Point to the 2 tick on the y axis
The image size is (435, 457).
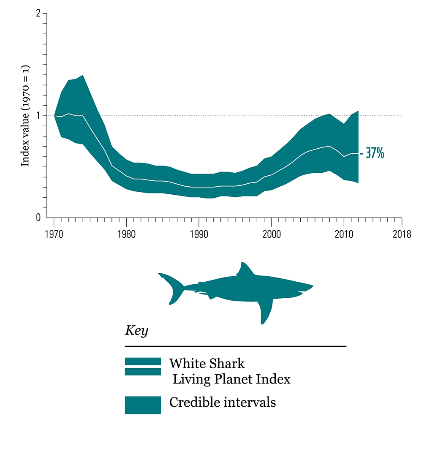38,14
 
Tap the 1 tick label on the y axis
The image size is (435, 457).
38,115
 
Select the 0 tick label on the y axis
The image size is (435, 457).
38,218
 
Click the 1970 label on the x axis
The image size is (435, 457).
54,235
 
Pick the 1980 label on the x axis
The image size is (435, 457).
126,235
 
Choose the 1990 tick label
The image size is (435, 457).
198,235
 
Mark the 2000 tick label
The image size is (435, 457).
271,235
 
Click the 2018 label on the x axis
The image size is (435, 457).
401,235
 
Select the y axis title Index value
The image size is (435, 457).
25,115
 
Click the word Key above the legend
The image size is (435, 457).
136,331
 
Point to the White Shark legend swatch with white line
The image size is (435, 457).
143,366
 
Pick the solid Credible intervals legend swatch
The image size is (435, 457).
143,405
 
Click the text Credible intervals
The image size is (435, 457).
223,403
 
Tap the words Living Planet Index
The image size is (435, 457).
232,379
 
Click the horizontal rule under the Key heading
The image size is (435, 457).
235,346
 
